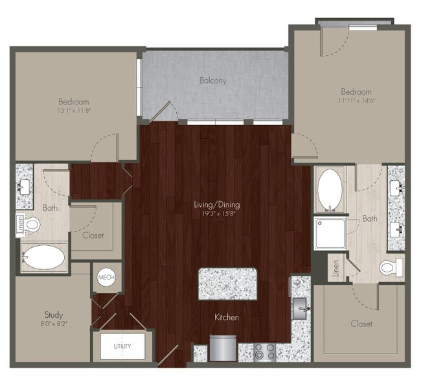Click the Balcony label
(x=212, y=81)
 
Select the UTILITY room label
(x=122, y=346)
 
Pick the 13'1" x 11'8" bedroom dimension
(x=73, y=110)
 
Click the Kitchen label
(x=227, y=318)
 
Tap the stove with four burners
(x=266, y=352)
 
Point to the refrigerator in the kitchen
(x=222, y=348)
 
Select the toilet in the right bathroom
(x=390, y=267)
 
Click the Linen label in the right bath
(x=335, y=269)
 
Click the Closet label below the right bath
(x=361, y=323)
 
